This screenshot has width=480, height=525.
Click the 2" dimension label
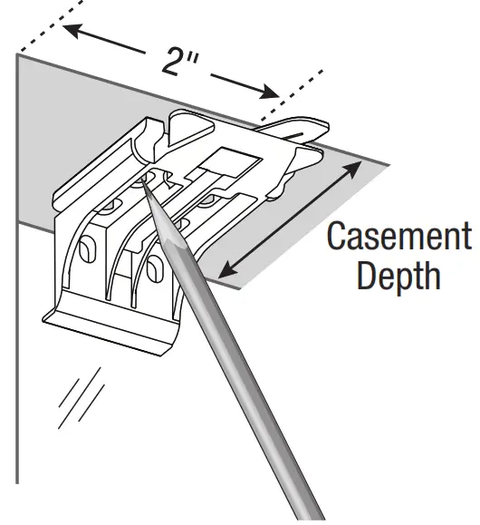(179, 62)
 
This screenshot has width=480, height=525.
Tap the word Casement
(399, 237)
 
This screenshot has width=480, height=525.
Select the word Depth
(398, 277)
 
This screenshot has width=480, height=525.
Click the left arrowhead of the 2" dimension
(72, 30)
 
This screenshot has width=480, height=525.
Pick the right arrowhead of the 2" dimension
(270, 92)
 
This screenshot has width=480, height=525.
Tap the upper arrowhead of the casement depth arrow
(352, 169)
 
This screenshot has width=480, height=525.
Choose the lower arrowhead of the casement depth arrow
(228, 270)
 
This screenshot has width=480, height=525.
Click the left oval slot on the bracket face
(88, 248)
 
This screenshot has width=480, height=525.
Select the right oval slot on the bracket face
(155, 267)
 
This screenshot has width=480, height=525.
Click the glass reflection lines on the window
(81, 398)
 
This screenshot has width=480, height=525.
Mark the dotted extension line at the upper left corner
(50, 26)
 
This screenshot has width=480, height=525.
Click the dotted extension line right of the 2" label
(292, 95)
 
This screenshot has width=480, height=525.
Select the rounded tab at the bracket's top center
(191, 128)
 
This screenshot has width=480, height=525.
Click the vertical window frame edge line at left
(17, 267)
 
